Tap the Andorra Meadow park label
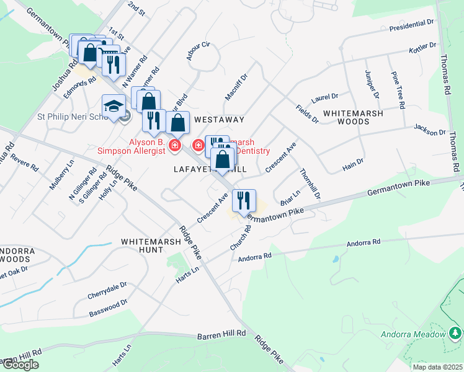point(414,334)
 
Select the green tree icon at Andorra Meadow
point(456,334)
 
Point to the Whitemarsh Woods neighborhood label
point(353,118)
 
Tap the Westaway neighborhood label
point(219,119)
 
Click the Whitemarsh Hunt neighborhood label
point(151,246)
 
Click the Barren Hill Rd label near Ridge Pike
point(221,335)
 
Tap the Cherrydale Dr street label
point(107,288)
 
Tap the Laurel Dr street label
point(324,97)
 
